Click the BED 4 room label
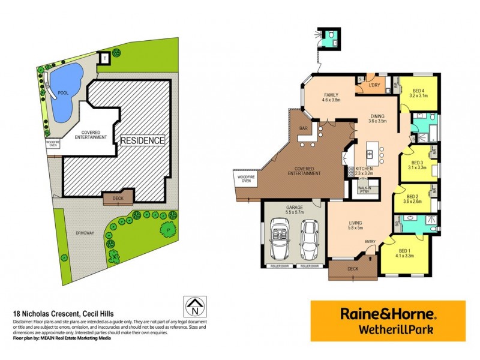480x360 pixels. [418, 92]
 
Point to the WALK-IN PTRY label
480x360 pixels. [365, 190]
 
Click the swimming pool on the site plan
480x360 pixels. [64, 91]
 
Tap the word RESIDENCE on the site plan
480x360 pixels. [143, 140]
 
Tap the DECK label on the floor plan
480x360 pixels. [353, 269]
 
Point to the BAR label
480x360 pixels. [303, 128]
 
